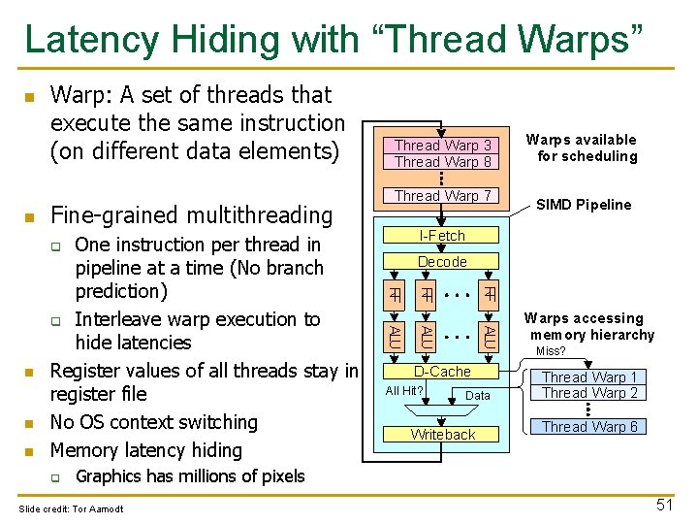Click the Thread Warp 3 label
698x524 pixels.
click(x=443, y=146)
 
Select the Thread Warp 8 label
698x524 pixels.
click(x=443, y=162)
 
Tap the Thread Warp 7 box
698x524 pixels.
click(x=443, y=196)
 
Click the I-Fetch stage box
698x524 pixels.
click(x=442, y=236)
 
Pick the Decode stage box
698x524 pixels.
click(x=442, y=262)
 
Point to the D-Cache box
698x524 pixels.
click(x=442, y=372)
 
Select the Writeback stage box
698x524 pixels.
click(x=442, y=435)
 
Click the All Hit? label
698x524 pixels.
click(x=404, y=391)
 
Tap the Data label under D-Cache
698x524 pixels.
click(x=478, y=396)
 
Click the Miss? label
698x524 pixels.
click(x=551, y=351)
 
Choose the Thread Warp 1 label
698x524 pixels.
click(x=589, y=377)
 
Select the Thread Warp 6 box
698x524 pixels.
click(x=589, y=427)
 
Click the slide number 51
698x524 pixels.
click(x=664, y=504)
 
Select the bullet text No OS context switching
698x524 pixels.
click(x=153, y=422)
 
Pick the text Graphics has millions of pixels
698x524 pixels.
click(x=190, y=476)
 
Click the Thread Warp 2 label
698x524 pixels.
click(x=589, y=393)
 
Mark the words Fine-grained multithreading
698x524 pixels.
click(x=190, y=214)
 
